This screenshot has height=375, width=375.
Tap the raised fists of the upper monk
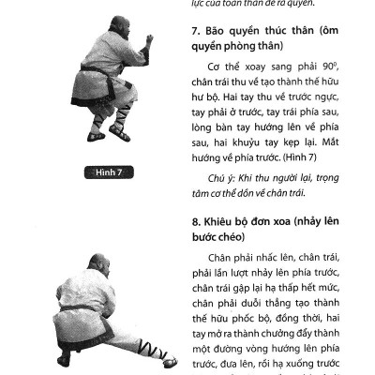tap(147, 41)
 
